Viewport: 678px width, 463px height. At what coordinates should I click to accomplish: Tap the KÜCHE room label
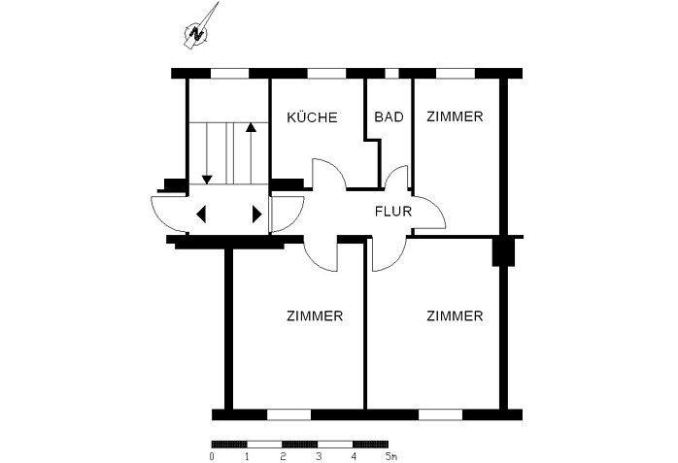tap(312, 117)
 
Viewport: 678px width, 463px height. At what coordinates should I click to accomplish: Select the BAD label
tap(389, 117)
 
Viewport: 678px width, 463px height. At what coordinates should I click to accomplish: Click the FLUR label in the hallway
tap(393, 210)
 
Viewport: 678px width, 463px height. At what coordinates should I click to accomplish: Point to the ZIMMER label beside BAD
tap(455, 116)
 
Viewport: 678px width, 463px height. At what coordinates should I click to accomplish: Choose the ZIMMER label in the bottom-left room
tap(315, 316)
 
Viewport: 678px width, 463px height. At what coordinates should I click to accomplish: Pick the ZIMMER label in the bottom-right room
tap(455, 316)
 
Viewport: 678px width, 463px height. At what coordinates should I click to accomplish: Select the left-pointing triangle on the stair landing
tap(201, 215)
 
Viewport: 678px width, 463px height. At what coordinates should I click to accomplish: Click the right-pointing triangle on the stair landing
tap(257, 215)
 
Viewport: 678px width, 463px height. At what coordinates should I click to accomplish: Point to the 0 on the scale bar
tap(212, 454)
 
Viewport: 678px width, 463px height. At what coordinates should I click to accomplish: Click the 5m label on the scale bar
tap(390, 454)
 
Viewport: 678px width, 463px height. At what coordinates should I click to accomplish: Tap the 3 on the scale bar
tap(318, 454)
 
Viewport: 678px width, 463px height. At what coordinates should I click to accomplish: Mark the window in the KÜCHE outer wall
tap(327, 73)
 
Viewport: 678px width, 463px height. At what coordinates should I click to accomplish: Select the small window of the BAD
tap(390, 73)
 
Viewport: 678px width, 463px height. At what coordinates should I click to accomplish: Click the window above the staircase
tap(229, 73)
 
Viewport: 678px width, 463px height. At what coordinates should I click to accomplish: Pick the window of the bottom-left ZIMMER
tap(288, 414)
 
